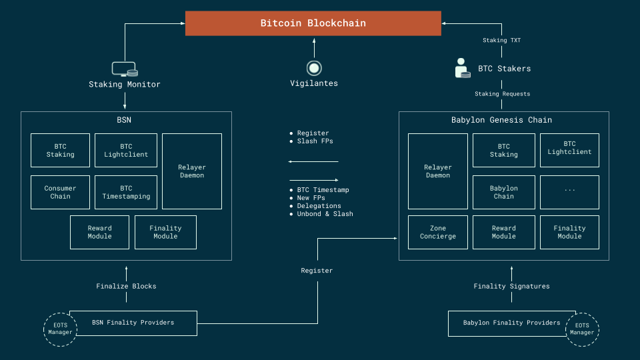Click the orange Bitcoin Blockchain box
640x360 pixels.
click(x=313, y=23)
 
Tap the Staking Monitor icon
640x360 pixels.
click(x=125, y=69)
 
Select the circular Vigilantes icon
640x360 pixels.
click(x=314, y=67)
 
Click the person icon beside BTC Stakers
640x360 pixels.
click(x=461, y=68)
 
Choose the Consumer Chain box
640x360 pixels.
click(x=60, y=192)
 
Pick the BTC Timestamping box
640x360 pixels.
click(x=126, y=192)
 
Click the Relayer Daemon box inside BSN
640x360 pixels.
click(x=192, y=171)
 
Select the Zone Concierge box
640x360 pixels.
click(x=438, y=232)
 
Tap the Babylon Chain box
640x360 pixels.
click(x=503, y=192)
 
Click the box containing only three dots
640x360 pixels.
click(x=569, y=192)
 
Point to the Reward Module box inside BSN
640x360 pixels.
click(x=100, y=232)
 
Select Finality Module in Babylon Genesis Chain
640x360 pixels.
click(x=569, y=232)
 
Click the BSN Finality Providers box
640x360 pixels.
click(x=133, y=323)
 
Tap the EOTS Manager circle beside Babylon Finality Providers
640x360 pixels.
click(x=582, y=329)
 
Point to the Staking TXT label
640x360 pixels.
click(x=501, y=41)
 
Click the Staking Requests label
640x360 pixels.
click(x=502, y=94)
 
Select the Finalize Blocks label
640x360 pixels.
click(x=126, y=286)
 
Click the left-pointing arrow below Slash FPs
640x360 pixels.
click(x=313, y=161)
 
